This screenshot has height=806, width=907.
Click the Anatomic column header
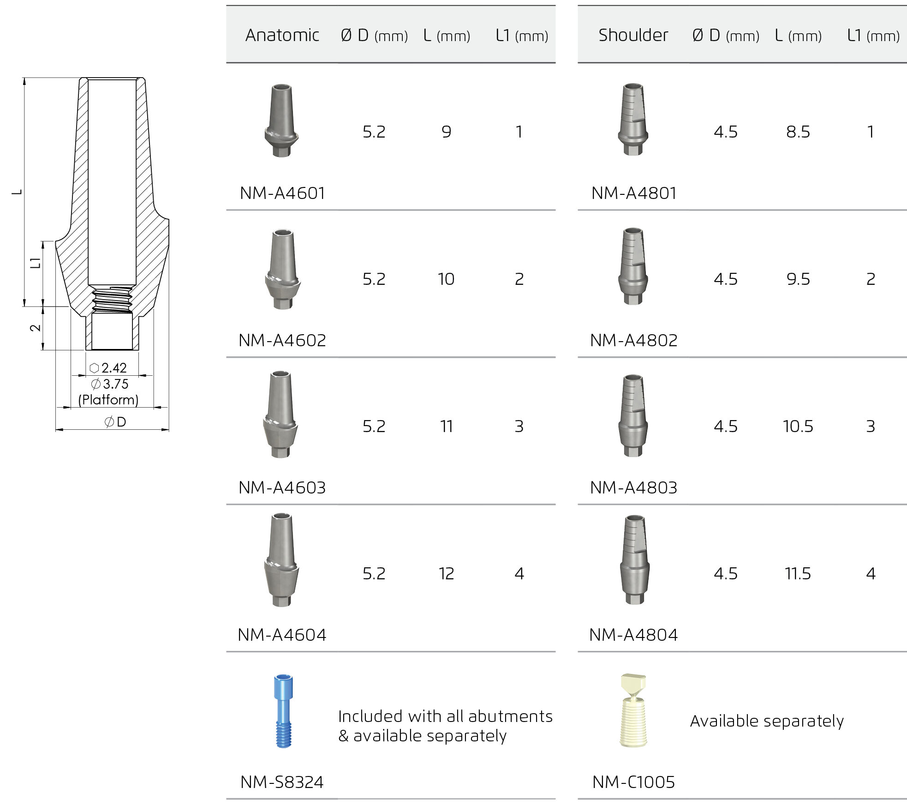pos(282,35)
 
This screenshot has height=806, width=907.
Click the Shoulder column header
pos(633,35)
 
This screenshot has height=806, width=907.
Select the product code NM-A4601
pos(282,193)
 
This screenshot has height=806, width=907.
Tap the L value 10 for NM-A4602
pos(446,279)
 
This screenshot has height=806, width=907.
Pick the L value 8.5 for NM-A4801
pos(798,132)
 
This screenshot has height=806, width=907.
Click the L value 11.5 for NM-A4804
pos(798,573)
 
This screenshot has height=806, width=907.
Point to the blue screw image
pos(283,711)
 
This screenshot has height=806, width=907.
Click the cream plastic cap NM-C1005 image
pos(633,710)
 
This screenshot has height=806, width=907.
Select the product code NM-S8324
pos(282,782)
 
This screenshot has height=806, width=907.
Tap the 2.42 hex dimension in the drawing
pos(113,368)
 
